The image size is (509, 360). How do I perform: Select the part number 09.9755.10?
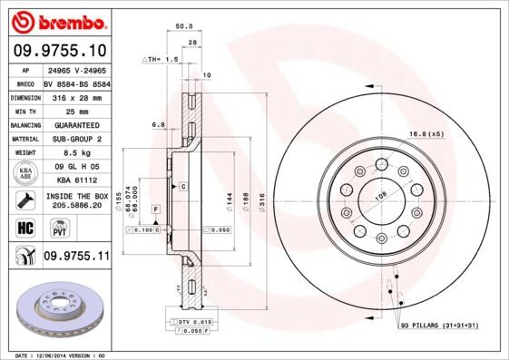(x=59, y=51)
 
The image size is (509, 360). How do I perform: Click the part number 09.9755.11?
(x=76, y=258)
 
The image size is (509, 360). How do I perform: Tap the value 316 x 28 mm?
(x=76, y=95)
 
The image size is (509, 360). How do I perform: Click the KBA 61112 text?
(x=76, y=180)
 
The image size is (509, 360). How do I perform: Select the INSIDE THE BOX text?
(x=76, y=196)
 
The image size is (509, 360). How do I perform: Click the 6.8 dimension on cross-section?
(x=158, y=123)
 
